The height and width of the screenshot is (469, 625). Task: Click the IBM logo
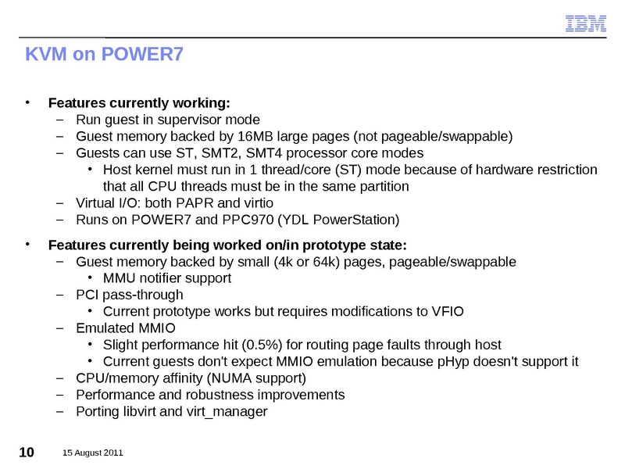coord(586,24)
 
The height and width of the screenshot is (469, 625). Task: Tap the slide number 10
coord(26,453)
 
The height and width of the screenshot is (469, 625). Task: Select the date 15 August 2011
coord(93,453)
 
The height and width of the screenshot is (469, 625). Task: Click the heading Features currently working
coord(139,103)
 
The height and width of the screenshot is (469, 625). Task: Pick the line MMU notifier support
coord(167,277)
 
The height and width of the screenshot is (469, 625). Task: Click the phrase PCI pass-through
coord(130,295)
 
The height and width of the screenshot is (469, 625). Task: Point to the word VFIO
coord(447,311)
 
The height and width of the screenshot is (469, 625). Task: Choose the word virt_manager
coord(230,411)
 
